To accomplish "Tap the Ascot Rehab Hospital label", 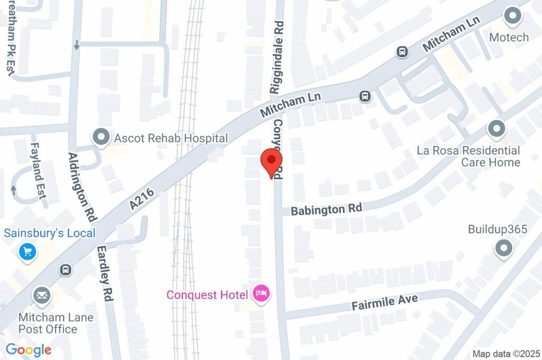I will point(171,139).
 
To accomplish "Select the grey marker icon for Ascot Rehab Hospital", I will point(100,138).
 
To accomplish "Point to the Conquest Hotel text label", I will point(207,294).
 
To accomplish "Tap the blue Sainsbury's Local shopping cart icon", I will point(28,251).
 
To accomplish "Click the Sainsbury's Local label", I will point(50,233).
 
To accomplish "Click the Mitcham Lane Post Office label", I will point(56,323).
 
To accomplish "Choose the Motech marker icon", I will point(512,16).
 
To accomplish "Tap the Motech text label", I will point(509,37).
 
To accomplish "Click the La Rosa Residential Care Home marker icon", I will point(496,128).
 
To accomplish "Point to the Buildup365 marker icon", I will point(503,247).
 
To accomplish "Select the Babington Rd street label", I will point(327,209).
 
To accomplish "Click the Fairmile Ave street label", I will point(385,303).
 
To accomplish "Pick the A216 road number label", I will point(142,201).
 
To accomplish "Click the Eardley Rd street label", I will point(104,274).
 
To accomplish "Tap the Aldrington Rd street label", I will point(83,186).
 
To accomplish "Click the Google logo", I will point(29,349).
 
